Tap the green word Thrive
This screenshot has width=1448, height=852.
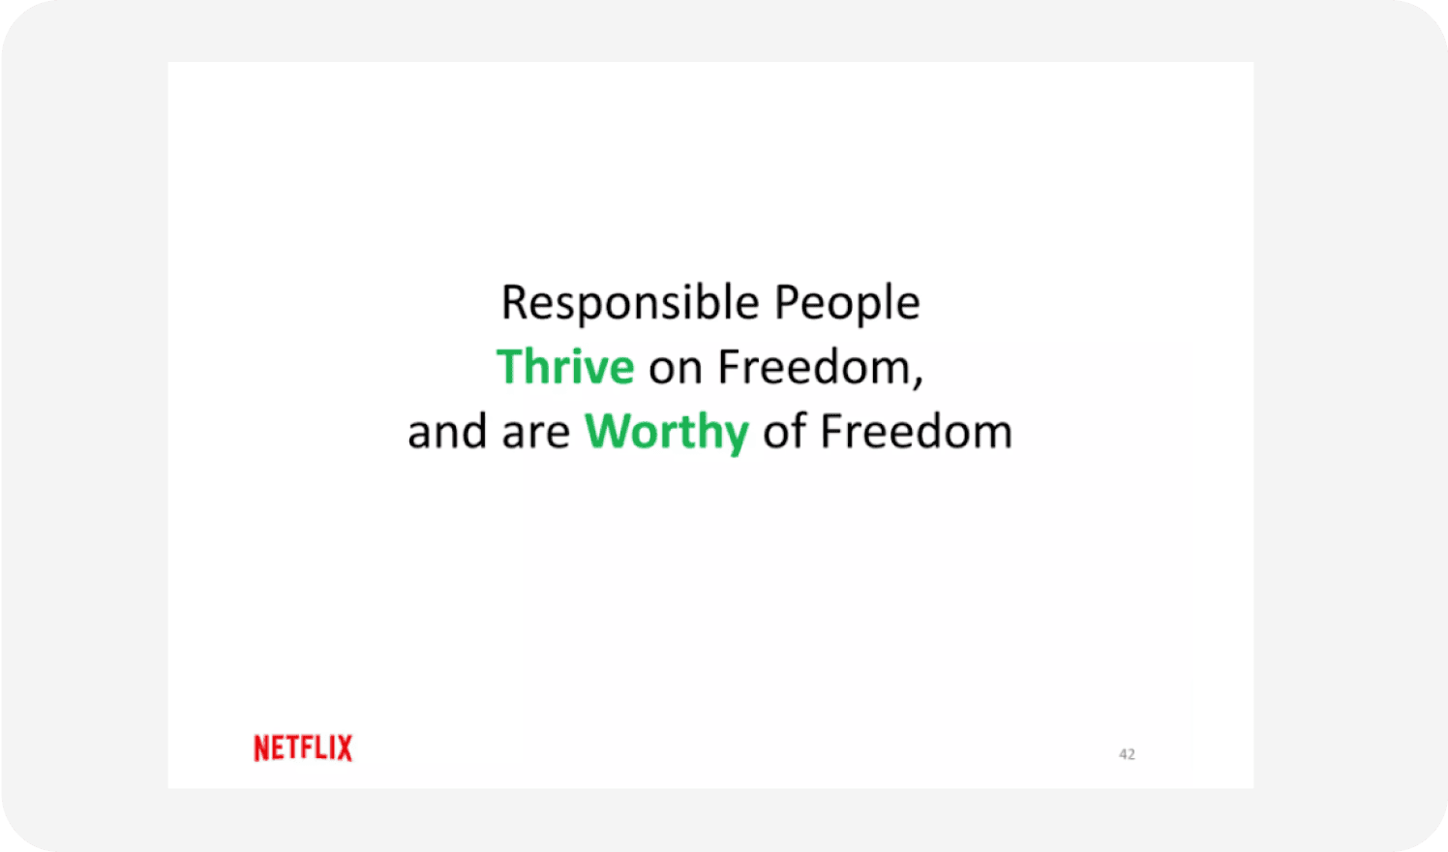(x=565, y=367)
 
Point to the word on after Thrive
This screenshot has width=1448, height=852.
(x=675, y=369)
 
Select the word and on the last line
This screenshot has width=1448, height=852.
(x=446, y=432)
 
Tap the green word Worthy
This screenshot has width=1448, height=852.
(x=666, y=432)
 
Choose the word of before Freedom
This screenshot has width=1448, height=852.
(x=784, y=432)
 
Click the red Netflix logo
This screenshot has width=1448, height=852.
(x=303, y=747)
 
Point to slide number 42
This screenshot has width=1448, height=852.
(x=1127, y=754)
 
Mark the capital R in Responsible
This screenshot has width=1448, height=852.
(x=514, y=303)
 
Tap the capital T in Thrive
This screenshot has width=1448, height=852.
(x=511, y=367)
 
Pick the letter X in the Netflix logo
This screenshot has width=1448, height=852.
(x=344, y=747)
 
